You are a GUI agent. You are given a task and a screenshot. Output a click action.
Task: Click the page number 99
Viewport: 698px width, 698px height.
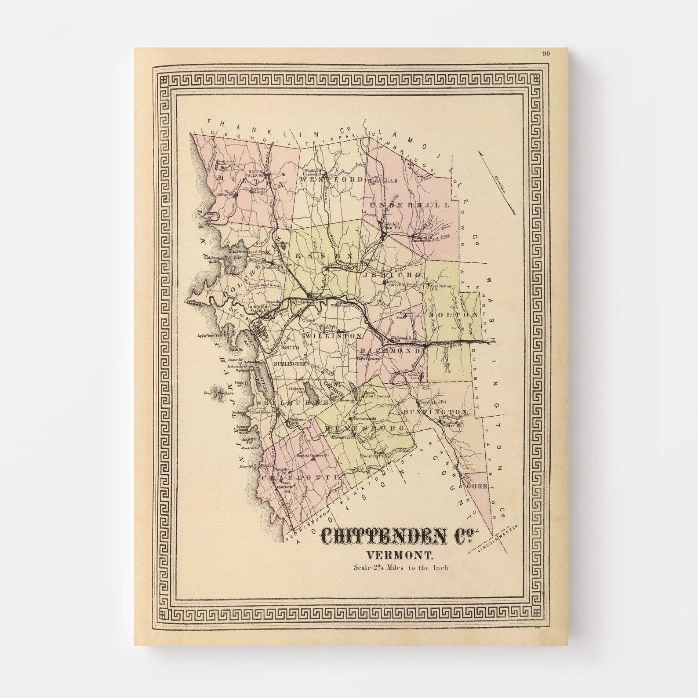tap(546, 54)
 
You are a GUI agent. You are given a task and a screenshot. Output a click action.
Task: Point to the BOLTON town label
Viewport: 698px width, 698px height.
tap(453, 316)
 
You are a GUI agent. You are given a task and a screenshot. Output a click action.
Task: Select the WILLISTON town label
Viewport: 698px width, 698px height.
tap(333, 336)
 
